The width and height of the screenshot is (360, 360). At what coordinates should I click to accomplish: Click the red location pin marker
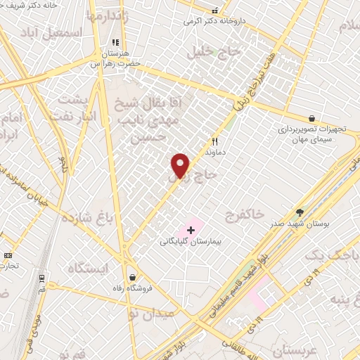tap(181, 165)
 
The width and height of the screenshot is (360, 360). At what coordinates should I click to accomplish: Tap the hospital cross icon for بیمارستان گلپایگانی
tap(191, 229)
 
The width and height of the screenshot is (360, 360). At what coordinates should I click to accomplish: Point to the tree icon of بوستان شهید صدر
tap(300, 212)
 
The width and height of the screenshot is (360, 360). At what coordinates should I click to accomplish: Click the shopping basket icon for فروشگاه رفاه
tap(132, 278)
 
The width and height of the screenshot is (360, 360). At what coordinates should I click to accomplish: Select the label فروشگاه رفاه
tap(132, 288)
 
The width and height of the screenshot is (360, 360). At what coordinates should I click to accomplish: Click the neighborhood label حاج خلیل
tap(214, 51)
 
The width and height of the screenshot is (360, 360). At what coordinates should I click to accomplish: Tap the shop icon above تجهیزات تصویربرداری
tap(311, 119)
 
